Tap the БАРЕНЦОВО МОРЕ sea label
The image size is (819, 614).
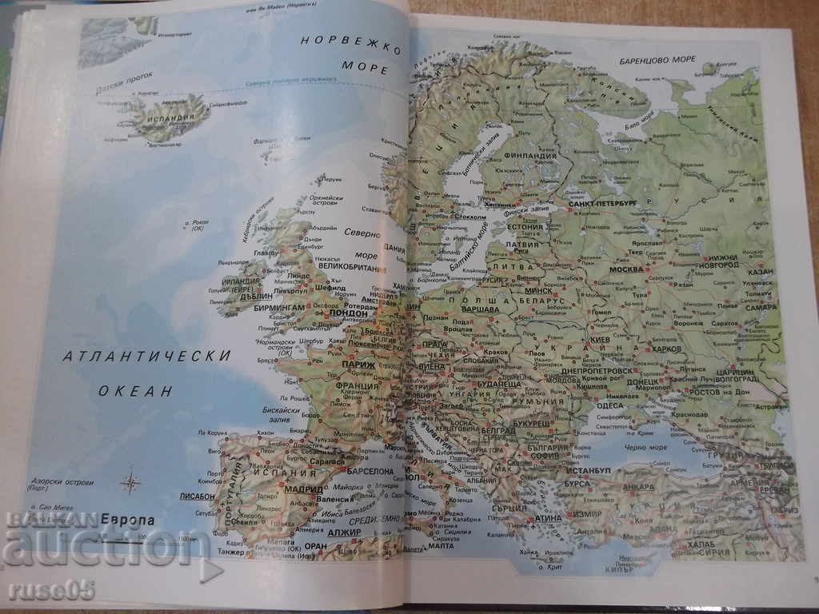(x=658, y=60)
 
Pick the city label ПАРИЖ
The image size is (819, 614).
(x=358, y=365)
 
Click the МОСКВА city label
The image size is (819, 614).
(x=628, y=270)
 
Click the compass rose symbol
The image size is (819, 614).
(x=130, y=484)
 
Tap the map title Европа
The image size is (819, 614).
(x=129, y=520)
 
